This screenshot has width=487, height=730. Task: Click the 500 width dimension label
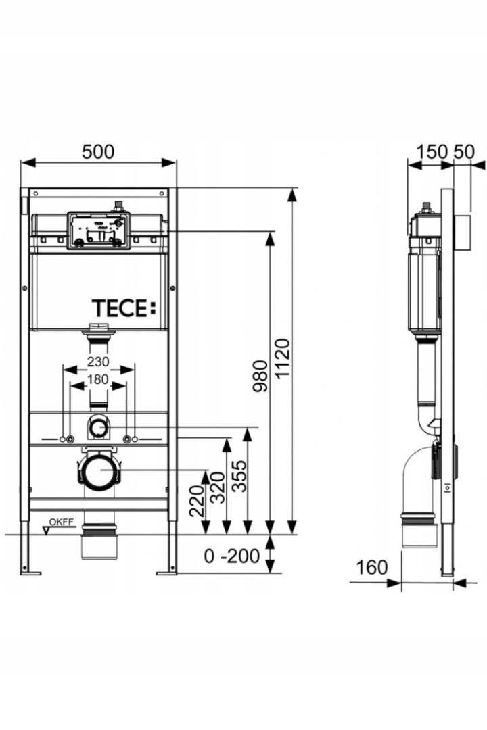click(98, 152)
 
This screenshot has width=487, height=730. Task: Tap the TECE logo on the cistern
click(124, 308)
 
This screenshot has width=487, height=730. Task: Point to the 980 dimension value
click(260, 376)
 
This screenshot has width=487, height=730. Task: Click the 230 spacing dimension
click(98, 361)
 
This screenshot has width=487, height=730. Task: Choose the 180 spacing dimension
click(97, 379)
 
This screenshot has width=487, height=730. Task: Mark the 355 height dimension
click(239, 476)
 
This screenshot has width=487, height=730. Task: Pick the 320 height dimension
click(218, 487)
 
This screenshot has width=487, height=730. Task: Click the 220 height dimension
click(196, 501)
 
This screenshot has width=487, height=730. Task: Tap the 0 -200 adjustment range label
click(231, 556)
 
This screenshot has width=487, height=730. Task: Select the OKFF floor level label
click(62, 522)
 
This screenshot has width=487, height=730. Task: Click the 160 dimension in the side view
click(371, 568)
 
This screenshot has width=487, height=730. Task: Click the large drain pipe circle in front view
click(99, 470)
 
